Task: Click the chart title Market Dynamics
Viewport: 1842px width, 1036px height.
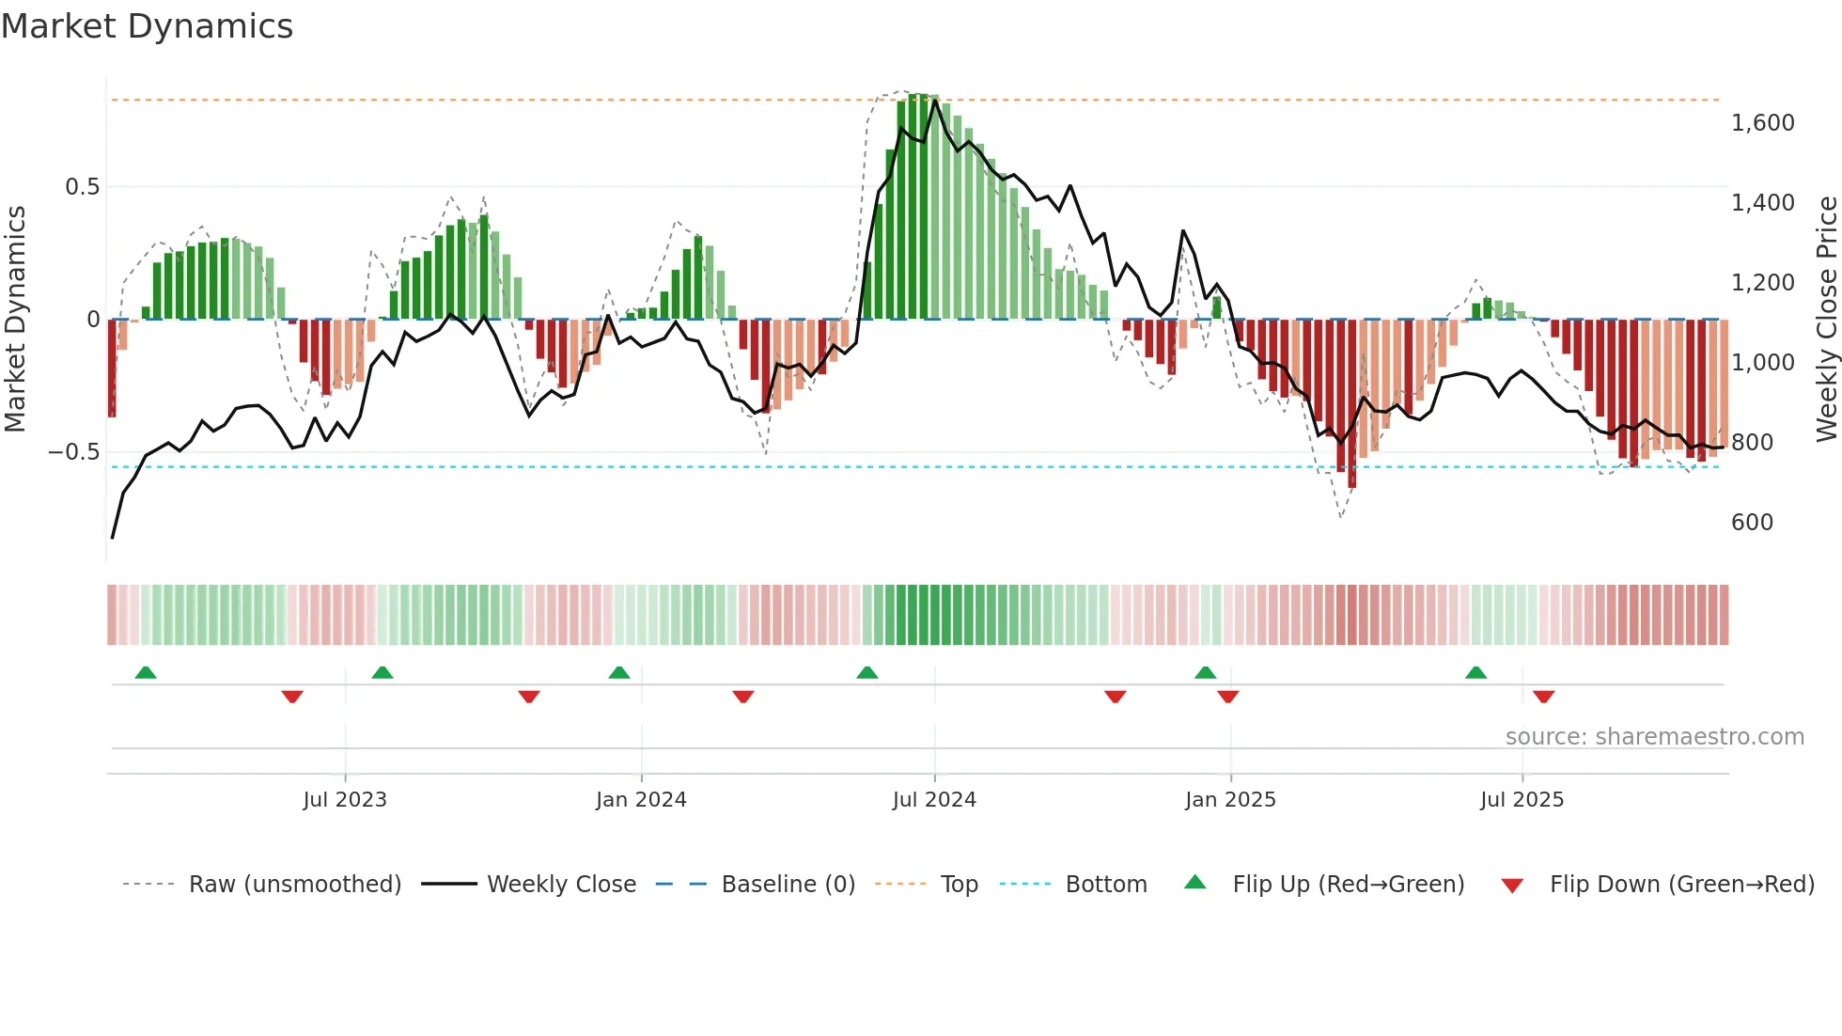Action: (x=148, y=26)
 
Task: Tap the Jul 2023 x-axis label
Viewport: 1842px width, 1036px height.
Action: (x=345, y=799)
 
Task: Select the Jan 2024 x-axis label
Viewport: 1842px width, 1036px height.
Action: (x=641, y=799)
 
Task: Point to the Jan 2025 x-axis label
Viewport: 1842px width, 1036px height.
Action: (x=1230, y=799)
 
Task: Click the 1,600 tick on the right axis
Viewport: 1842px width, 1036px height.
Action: (x=1762, y=123)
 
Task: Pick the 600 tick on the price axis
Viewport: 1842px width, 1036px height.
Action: (x=1752, y=523)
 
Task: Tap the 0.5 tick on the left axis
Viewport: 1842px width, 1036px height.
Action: (x=82, y=187)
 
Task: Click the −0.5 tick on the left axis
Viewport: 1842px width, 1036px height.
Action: (x=74, y=452)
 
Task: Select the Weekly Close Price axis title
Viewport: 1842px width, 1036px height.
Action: (x=1826, y=319)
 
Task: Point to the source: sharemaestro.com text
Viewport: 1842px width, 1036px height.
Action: (x=1654, y=737)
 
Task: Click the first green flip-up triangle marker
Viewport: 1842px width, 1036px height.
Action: (x=146, y=673)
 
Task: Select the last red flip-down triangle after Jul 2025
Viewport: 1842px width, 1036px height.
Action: (x=1543, y=697)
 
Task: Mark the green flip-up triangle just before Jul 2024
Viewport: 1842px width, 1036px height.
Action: (x=867, y=673)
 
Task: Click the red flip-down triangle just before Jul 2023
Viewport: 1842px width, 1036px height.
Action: (x=292, y=697)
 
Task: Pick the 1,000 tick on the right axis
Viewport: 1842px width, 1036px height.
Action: (x=1762, y=363)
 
